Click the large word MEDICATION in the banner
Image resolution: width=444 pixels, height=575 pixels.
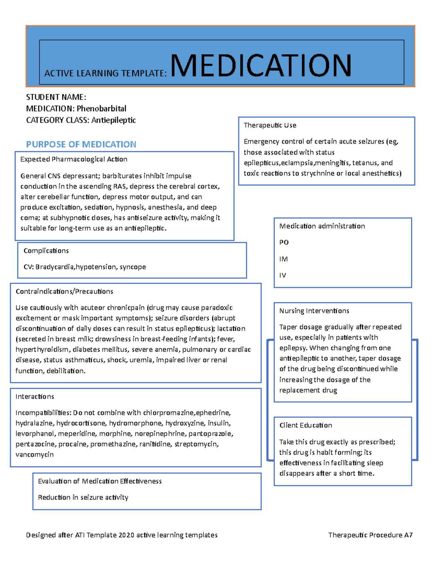tap(260, 66)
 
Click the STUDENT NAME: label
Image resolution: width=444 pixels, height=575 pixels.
tap(56, 97)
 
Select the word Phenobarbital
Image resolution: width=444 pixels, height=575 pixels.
tap(101, 108)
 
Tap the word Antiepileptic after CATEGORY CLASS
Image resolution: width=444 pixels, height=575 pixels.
tap(114, 120)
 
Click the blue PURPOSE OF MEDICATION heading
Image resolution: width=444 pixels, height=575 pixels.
tap(81, 144)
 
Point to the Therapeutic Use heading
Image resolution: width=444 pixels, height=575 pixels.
tap(270, 125)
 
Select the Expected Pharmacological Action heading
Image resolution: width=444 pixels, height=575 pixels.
tap(74, 159)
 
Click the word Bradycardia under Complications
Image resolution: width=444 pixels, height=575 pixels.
tap(55, 267)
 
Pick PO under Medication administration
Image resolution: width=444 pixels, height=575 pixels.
tap(284, 243)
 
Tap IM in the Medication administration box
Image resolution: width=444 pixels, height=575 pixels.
tap(283, 259)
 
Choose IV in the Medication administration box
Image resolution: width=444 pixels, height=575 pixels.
tap(283, 275)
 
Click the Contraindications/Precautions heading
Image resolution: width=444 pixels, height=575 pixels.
tap(64, 291)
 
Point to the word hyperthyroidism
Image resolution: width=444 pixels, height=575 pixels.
tap(42, 350)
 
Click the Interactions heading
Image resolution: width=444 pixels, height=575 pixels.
tap(35, 397)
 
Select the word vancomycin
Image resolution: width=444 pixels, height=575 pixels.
tap(34, 455)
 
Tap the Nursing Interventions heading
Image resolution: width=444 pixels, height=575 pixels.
tap(314, 311)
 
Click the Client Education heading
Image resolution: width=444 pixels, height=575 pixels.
tap(306, 425)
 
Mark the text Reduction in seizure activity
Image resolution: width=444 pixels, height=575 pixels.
tap(83, 498)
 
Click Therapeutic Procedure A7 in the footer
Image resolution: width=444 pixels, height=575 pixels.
tap(370, 535)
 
